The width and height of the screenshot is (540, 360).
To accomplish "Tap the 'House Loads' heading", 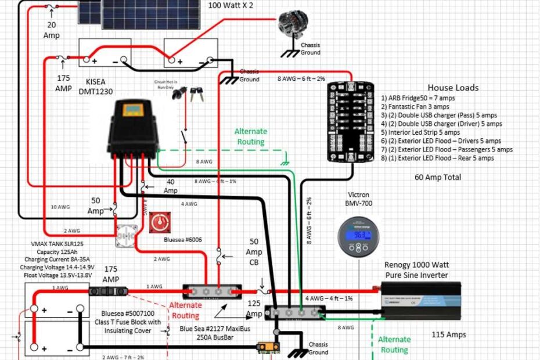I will pyautogui.click(x=453, y=88).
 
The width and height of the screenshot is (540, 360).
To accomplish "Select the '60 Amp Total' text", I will pyautogui.click(x=438, y=177).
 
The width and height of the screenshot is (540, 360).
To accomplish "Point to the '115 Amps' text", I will pyautogui.click(x=449, y=334).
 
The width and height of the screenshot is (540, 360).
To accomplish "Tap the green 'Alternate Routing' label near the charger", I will pyautogui.click(x=250, y=136).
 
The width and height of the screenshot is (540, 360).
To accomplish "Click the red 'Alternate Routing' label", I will pyautogui.click(x=185, y=310).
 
